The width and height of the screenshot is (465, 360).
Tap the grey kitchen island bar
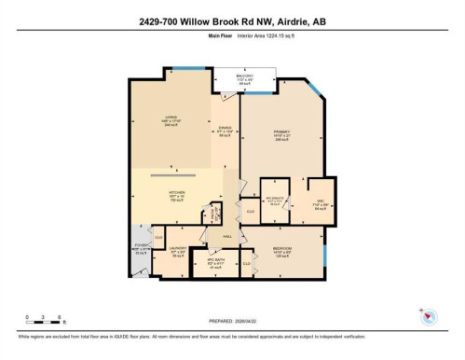[x=174, y=174]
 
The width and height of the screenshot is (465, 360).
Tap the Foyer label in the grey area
[x=141, y=250]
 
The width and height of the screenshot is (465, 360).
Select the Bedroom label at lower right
[x=283, y=252]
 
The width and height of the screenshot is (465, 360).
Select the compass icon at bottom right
[x=428, y=318]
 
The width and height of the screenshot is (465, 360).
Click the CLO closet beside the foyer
[x=158, y=238]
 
